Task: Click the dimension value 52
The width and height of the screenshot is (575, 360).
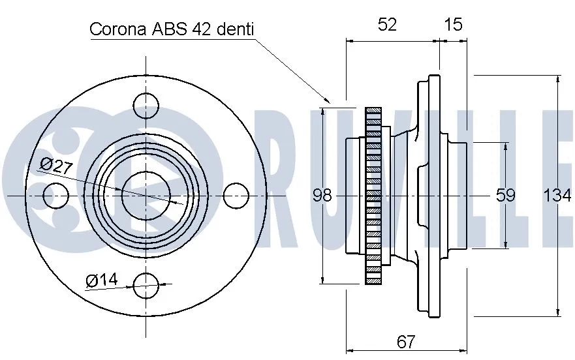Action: point(387,24)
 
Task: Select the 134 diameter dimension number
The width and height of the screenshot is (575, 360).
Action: point(557,195)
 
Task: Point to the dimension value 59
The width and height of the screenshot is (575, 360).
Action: point(506,195)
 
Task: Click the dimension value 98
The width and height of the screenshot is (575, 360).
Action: point(322,195)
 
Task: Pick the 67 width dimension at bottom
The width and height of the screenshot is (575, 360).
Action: point(406,342)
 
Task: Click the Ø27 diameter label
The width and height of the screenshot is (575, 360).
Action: point(55,165)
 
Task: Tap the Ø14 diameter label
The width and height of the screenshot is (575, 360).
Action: point(101,280)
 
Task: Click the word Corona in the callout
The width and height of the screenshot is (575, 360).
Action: point(118,29)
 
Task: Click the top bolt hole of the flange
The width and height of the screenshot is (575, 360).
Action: point(146,104)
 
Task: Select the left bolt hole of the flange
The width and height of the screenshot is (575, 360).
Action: point(56,194)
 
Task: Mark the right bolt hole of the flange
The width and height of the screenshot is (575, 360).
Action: point(236,194)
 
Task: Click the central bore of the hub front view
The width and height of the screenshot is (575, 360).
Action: point(146,194)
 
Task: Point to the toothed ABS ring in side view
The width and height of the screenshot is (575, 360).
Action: point(373,195)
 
